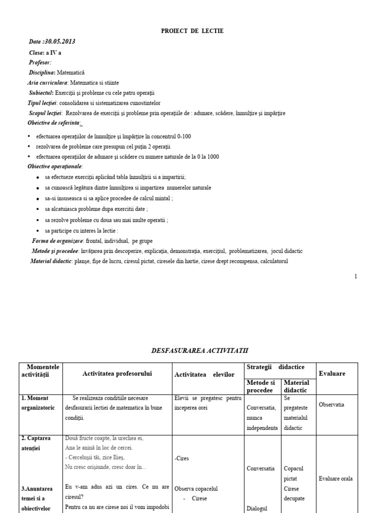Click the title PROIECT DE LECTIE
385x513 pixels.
pyautogui.click(x=192, y=31)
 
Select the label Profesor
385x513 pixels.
pyautogui.click(x=40, y=62)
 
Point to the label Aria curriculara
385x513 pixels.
pyautogui.click(x=47, y=83)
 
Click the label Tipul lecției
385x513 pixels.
pyautogui.click(x=44, y=103)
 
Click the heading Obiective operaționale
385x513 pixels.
pyautogui.click(x=56, y=166)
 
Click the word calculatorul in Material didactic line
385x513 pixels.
pyautogui.click(x=274, y=261)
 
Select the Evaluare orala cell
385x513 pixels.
pyautogui.click(x=335, y=478)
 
